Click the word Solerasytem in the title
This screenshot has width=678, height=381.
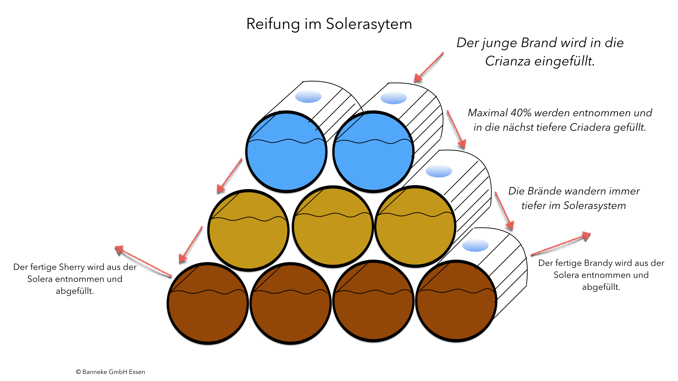pyautogui.click(x=369, y=24)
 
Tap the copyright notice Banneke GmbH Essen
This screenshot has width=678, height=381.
pyautogui.click(x=111, y=372)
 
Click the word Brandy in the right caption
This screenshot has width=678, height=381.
pyautogui.click(x=599, y=263)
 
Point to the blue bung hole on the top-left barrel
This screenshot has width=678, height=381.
pyautogui.click(x=308, y=96)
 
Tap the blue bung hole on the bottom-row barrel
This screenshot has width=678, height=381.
pyautogui.click(x=475, y=245)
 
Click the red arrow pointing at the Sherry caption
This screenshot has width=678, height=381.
pyautogui.click(x=143, y=261)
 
